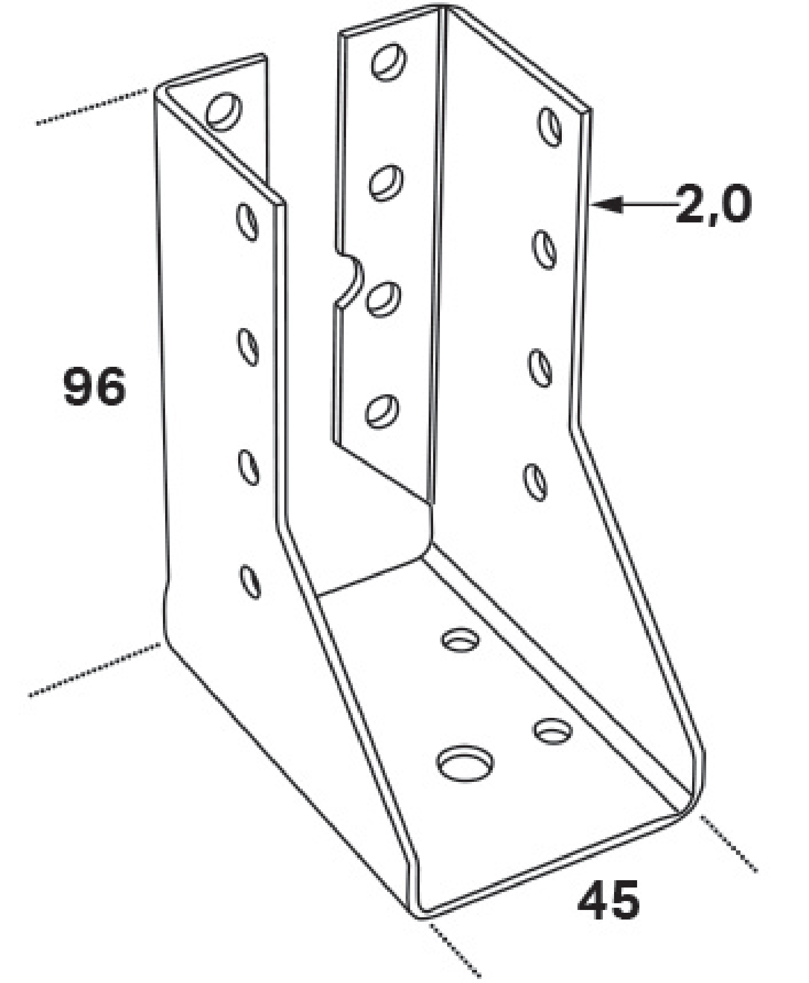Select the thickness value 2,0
point(713,204)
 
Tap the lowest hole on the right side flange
point(535,481)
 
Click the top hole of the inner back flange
point(389,61)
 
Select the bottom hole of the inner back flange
point(381,411)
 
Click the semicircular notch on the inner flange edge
point(353,280)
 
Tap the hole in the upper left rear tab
point(224,111)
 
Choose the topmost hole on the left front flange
point(247,222)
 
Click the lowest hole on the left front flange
point(250,581)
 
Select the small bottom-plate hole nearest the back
point(461,640)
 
